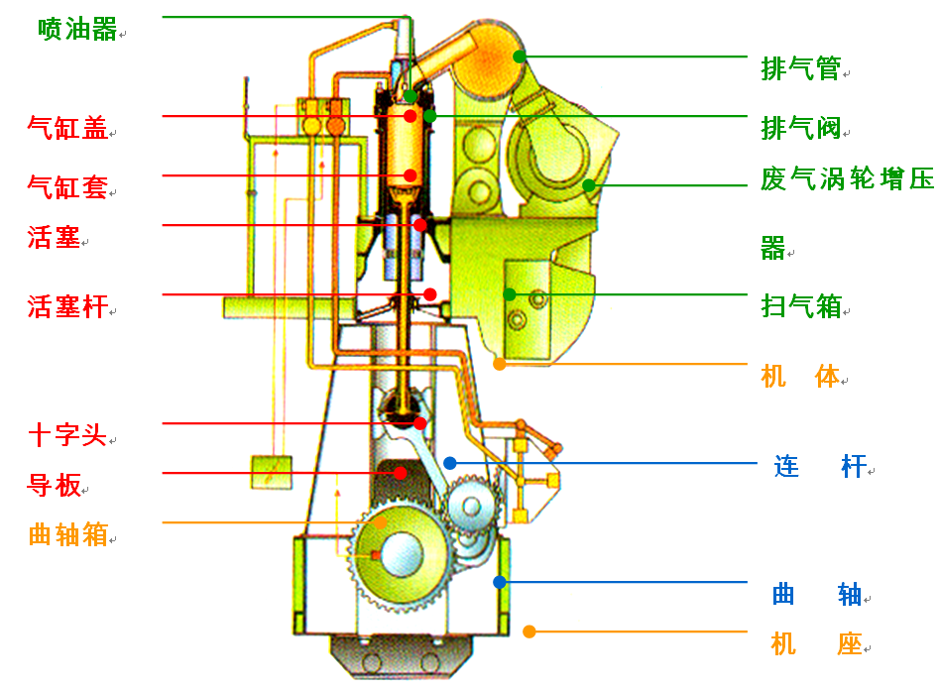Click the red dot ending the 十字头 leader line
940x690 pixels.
coord(420,423)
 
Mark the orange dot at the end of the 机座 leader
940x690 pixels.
coord(529,632)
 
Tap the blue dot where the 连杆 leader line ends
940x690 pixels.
coord(450,463)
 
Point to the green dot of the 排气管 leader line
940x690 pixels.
coord(520,57)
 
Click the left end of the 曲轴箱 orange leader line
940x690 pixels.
coord(163,522)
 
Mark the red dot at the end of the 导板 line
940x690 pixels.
coord(401,473)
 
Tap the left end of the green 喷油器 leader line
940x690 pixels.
coord(163,17)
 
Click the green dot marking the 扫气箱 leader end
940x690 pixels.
coord(509,294)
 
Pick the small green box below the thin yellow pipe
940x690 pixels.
coord(272,472)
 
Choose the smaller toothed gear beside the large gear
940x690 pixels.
coord(472,507)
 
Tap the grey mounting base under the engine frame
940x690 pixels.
coord(402,657)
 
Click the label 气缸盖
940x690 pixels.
coord(67,128)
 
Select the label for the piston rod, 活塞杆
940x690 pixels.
coord(67,306)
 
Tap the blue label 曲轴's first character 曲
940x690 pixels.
coord(783,594)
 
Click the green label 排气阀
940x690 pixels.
coord(801,128)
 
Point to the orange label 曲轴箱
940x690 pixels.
coord(67,534)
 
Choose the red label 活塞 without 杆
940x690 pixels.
coord(54,237)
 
